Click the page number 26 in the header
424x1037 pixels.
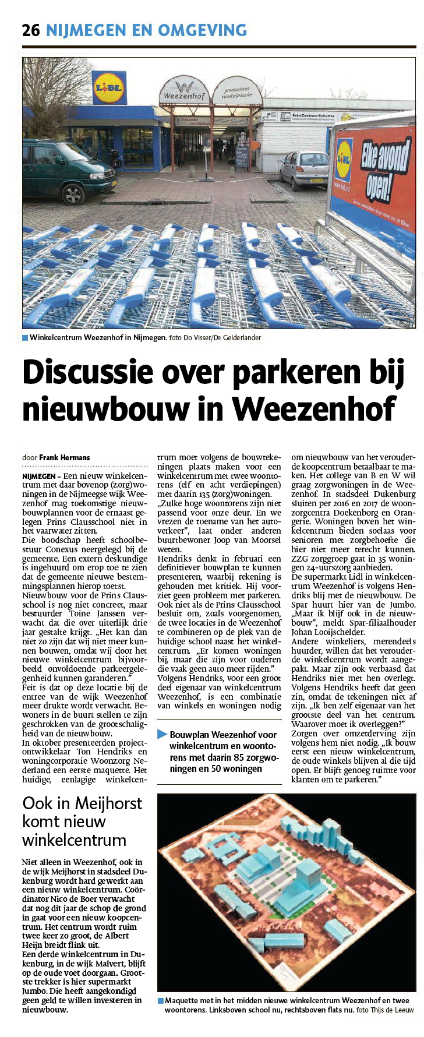[x=31, y=30]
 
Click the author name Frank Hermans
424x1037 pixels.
[x=65, y=457]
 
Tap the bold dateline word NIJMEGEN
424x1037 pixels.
[x=38, y=476]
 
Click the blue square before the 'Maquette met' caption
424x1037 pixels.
[x=161, y=1001]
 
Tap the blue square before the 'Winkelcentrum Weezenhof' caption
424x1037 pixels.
[x=25, y=338]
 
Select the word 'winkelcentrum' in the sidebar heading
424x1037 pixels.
[x=74, y=840]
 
